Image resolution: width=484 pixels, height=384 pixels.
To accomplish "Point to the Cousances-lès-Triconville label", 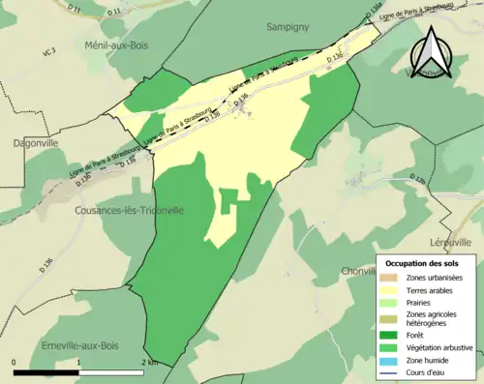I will (130, 210).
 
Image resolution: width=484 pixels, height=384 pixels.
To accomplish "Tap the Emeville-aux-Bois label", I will (79, 345).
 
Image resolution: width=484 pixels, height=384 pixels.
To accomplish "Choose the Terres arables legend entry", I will (431, 289).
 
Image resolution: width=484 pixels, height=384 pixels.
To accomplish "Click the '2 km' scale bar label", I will (148, 362).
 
